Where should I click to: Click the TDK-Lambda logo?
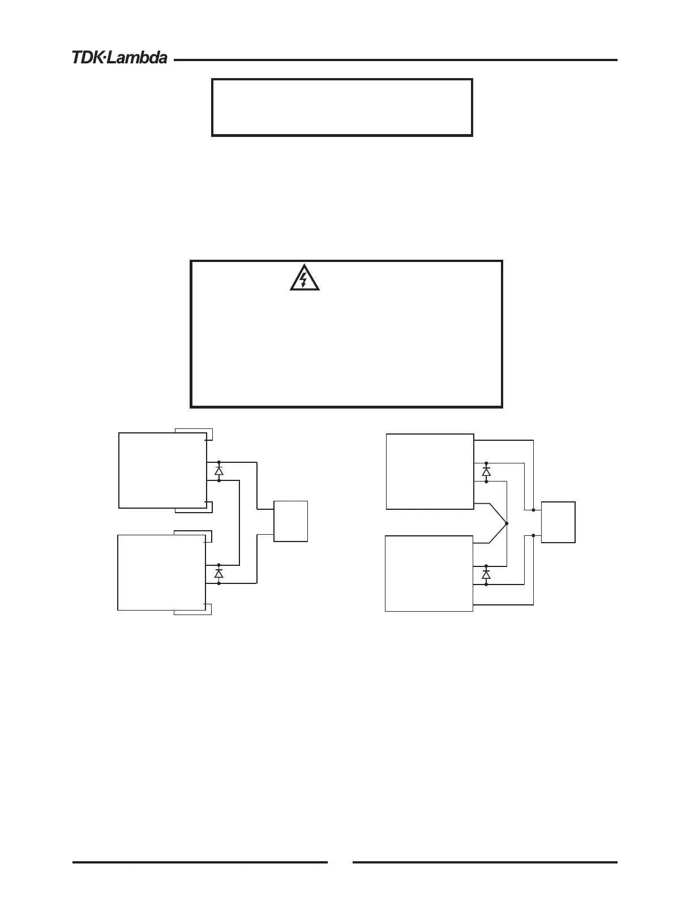tap(119, 58)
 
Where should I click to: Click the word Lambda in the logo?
tap(138, 58)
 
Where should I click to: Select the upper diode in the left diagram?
tap(219, 471)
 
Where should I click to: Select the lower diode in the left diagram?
tap(219, 574)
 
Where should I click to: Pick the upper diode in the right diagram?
tap(486, 471)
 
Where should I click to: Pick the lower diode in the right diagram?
tap(486, 574)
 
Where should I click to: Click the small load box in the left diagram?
tap(291, 521)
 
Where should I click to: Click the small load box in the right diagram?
tap(558, 522)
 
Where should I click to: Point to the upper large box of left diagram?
tap(162, 470)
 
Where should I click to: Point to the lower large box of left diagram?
tap(161, 572)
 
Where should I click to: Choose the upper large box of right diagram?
tap(430, 471)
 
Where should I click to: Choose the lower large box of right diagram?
tap(428, 573)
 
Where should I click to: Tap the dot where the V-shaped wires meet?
tap(507, 523)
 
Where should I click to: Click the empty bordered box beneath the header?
tap(342, 108)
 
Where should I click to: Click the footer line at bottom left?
tap(200, 862)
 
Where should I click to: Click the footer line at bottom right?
tap(485, 862)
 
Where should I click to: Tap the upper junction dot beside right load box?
tap(534, 510)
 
